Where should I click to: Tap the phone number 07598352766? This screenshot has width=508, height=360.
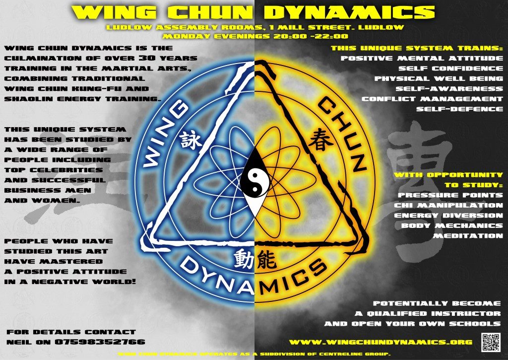click(x=101, y=342)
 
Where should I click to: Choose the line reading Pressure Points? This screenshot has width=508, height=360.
click(x=450, y=195)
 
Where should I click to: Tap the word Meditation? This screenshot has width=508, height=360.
click(x=468, y=236)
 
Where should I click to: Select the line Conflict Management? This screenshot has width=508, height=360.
click(x=432, y=99)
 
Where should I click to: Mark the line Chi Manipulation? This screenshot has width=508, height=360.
click(x=448, y=205)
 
